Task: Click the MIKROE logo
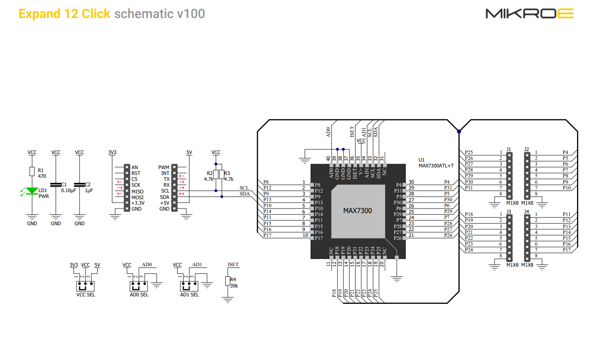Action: point(529,13)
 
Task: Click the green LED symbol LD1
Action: point(32,191)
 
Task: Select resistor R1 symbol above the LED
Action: point(32,171)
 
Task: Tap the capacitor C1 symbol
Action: point(56,185)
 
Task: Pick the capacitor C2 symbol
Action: point(80,185)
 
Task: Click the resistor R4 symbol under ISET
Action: point(228,281)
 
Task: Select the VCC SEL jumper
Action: point(85,286)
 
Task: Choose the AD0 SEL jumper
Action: point(139,286)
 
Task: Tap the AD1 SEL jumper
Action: point(189,286)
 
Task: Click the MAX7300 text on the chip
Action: point(358,211)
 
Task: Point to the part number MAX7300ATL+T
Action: point(436,166)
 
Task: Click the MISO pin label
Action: point(137,191)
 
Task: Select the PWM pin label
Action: point(164,167)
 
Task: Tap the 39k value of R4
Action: point(234,286)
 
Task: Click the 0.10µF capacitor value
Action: point(68,190)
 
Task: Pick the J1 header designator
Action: point(509,149)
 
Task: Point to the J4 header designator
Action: point(527,212)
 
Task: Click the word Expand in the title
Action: point(40,14)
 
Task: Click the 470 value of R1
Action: point(42,176)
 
